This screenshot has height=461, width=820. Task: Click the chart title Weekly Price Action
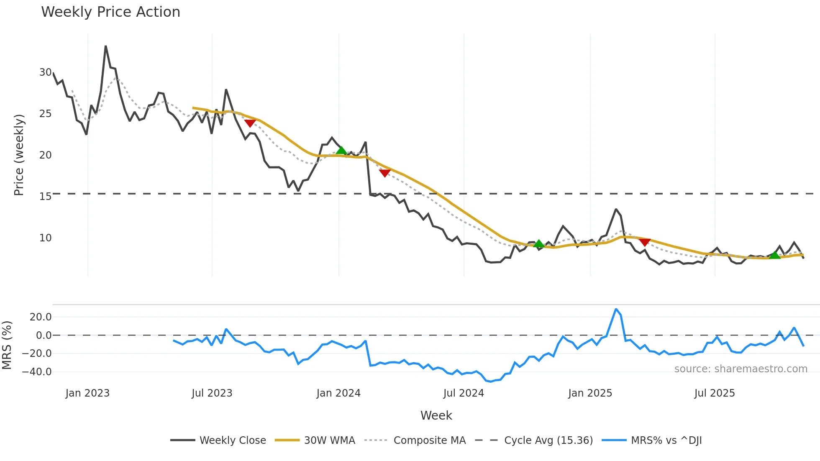(x=110, y=12)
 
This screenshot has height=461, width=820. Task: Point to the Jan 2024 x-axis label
(x=338, y=393)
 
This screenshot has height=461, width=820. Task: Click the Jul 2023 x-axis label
(x=212, y=393)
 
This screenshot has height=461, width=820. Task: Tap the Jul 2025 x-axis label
(x=715, y=393)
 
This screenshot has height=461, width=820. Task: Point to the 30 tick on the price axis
(x=45, y=72)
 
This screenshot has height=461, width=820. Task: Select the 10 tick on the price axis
(x=45, y=238)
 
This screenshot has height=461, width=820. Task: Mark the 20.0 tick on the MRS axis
(x=41, y=317)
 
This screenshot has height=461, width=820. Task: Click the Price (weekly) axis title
(x=19, y=155)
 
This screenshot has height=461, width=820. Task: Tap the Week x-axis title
(x=436, y=415)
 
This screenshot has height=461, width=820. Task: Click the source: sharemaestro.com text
(x=741, y=369)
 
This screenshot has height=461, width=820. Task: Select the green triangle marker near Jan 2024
(x=341, y=151)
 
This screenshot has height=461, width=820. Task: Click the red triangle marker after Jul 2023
(x=250, y=123)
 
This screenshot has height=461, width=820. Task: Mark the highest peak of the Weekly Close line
(x=105, y=46)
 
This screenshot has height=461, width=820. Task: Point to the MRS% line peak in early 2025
(x=616, y=309)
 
